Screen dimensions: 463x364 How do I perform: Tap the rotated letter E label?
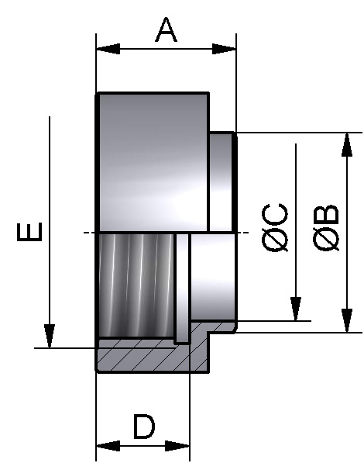pyautogui.click(x=30, y=231)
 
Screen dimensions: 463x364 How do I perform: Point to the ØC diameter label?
pyautogui.click(x=276, y=227)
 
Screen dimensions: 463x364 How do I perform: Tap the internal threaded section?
pyautogui.click(x=136, y=285)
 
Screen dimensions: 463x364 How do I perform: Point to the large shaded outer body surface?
pyautogui.click(x=151, y=163)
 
